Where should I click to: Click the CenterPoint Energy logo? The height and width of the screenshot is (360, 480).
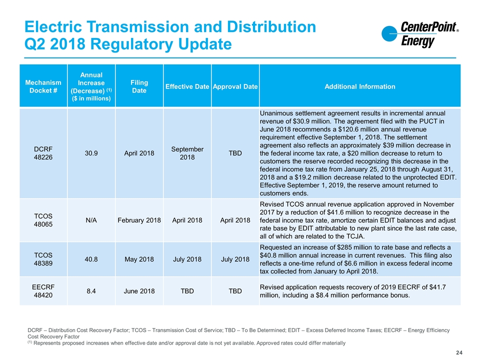tap(420, 34)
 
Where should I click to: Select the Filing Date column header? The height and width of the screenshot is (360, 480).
tap(139, 86)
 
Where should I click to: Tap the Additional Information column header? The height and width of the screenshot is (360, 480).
tap(359, 86)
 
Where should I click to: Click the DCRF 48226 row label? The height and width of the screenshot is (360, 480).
tap(43, 153)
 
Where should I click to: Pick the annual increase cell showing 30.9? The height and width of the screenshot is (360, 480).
tap(91, 153)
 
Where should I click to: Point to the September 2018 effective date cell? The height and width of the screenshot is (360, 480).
tap(187, 153)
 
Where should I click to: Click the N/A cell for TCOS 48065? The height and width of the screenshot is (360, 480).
tap(91, 220)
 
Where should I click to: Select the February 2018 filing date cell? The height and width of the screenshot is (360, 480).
tap(139, 220)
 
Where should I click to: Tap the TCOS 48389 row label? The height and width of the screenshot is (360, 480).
tap(43, 259)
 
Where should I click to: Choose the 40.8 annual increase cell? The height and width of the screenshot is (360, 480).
tap(91, 259)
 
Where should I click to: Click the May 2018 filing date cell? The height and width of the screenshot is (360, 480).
tap(139, 259)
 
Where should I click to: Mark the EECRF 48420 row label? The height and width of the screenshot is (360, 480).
tap(43, 291)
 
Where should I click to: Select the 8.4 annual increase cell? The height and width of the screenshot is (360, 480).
tap(91, 291)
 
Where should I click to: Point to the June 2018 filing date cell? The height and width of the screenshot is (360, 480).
tap(139, 291)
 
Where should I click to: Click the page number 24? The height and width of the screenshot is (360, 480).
tap(459, 352)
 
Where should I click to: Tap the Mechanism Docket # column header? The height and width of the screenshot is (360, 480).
tap(43, 86)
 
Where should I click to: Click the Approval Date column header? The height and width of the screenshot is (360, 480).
tap(235, 86)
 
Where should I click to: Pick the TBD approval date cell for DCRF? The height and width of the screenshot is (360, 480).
tap(235, 153)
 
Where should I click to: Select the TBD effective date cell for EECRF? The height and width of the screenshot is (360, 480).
tap(187, 291)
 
